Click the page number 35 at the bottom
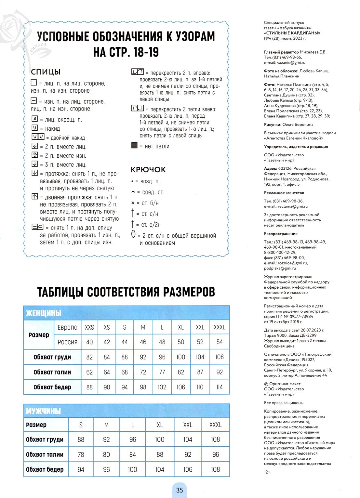[180, 490]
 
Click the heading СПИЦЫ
[46, 72]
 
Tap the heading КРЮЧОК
[148, 169]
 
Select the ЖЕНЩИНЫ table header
[44, 313]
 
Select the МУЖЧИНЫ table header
[43, 411]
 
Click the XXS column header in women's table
[89, 327]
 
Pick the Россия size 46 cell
[143, 342]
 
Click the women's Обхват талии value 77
[162, 372]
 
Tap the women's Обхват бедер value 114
[220, 387]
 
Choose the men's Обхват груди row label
[45, 439]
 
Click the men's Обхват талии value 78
[81, 454]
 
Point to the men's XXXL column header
[215, 425]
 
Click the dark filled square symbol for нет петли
[134, 146]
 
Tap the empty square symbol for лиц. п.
[34, 83]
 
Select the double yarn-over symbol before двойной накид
[38, 137]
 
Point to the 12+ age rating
[267, 472]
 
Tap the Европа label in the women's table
[68, 327]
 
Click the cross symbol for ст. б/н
[133, 203]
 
